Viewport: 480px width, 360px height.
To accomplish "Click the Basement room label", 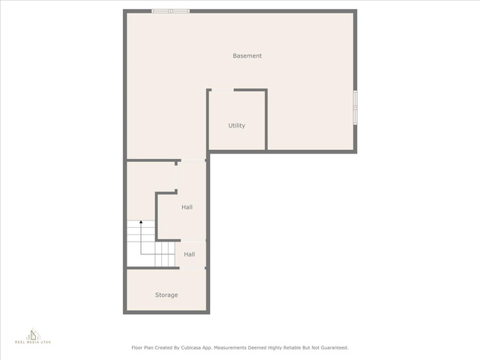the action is pos(247,55).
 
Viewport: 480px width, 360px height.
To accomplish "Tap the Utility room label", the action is pos(237,125).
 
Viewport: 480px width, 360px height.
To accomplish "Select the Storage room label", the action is pos(166,295).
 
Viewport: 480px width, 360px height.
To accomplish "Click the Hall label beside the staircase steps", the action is pos(190,254).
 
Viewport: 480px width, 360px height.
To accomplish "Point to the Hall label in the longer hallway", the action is pos(187,207).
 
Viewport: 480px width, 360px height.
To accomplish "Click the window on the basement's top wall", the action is pos(170,11).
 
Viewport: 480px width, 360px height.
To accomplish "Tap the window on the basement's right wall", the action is pos(355,107).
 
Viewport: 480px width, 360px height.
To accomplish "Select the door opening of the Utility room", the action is pos(223,90).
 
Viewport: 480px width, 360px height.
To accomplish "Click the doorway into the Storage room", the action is pos(192,268).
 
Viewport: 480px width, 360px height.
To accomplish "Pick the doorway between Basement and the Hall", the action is pos(193,160).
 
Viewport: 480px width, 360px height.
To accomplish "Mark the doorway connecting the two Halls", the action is pos(193,241).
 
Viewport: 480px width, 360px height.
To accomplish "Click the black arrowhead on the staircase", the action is pos(141,222).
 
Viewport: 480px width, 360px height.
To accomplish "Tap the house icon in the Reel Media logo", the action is pos(33,334).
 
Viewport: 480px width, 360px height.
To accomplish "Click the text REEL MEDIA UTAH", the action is pos(33,342).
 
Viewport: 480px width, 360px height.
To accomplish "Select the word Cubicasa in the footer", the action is pos(190,348).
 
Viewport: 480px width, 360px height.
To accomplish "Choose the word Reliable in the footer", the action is pos(292,348).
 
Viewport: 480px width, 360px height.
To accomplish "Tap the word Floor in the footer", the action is pos(136,348).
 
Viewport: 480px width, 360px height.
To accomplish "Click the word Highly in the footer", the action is pos(275,348).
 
